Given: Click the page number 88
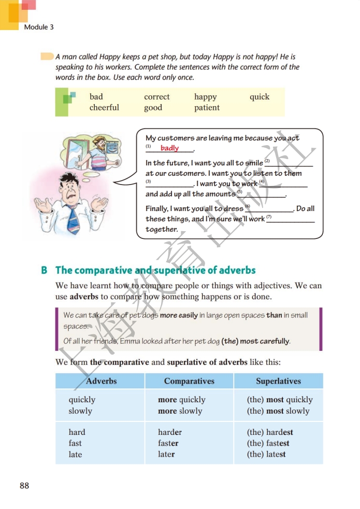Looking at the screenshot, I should point(24,486).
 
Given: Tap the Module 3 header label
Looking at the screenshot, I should point(39,27).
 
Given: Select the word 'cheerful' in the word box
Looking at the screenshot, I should point(104,108).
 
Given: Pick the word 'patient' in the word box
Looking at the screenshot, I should point(207,108).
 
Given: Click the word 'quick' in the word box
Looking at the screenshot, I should point(260,97).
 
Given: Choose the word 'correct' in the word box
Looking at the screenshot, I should point(157,97).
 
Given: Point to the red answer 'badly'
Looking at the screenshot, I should point(169,148).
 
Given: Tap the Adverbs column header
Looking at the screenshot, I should point(102,381).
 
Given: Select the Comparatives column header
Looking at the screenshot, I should point(189,381).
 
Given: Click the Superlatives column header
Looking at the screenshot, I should point(278,381).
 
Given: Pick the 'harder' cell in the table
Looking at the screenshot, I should point(170,432).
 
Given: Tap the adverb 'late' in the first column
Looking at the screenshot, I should point(76,455).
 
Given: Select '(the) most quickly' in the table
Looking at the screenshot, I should point(280,400).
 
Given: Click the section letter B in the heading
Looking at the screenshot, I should point(45,270).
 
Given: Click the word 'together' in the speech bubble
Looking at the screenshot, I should point(162,230).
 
